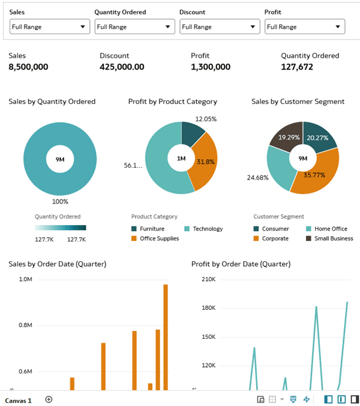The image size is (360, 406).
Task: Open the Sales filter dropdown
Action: (x=49, y=26)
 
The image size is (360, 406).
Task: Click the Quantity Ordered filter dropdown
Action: (x=134, y=26)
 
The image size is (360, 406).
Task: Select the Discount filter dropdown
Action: (x=220, y=26)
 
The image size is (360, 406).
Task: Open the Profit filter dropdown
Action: (x=305, y=26)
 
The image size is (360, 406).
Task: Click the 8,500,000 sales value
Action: (x=28, y=67)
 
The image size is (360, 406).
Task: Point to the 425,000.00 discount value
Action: (x=122, y=67)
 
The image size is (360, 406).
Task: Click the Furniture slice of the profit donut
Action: (x=191, y=135)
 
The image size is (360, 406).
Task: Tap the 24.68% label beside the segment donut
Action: (x=257, y=178)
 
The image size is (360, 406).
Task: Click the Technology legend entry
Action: (x=207, y=229)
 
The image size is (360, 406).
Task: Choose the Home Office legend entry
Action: (x=331, y=229)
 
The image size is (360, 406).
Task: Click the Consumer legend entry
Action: (x=275, y=229)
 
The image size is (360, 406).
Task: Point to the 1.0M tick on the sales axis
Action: (x=25, y=279)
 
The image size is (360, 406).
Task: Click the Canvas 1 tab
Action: (x=19, y=400)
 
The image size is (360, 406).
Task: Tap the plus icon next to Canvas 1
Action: (x=49, y=399)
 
